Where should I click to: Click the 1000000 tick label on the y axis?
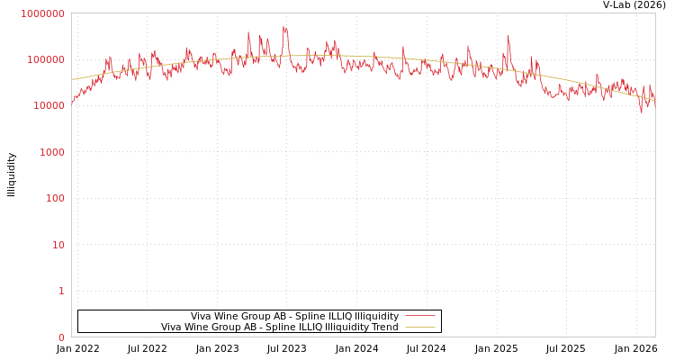coord(42,13)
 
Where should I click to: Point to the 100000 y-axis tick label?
coord(45,59)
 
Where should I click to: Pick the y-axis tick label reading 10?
coord(58,245)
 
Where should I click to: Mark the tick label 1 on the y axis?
coord(61,291)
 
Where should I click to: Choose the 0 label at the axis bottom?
coord(61,337)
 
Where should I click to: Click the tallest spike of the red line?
coord(284,28)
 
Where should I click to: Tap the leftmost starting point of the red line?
coord(72,103)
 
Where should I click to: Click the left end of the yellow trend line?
coord(72,80)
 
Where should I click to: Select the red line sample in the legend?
coord(419,316)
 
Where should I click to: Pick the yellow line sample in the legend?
coord(419,327)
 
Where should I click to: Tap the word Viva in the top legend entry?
coord(202,316)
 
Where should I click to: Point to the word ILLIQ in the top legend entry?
coord(333,316)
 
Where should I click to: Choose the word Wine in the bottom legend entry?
coord(196,327)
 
